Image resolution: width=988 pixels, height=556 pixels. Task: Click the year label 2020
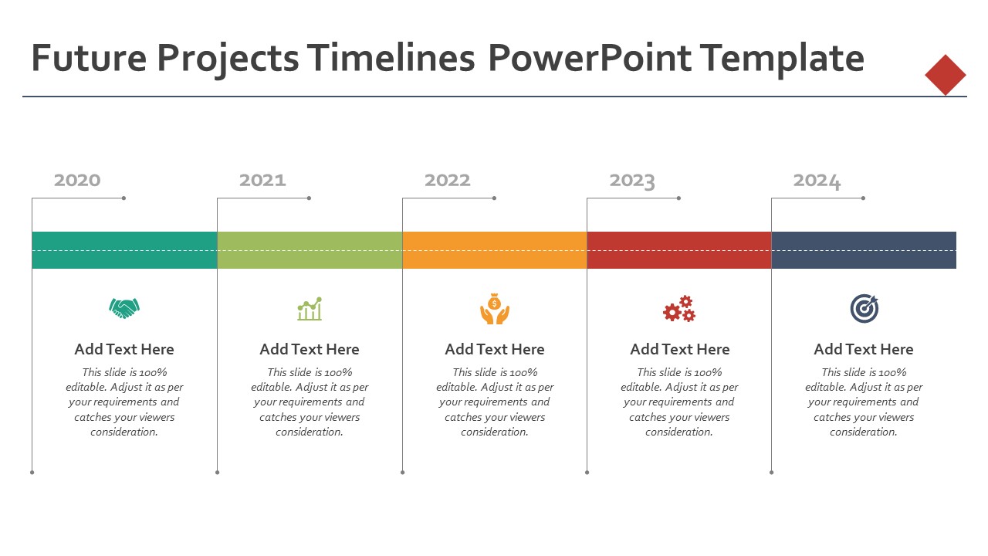[77, 180]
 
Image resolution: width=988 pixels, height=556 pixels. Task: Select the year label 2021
[262, 180]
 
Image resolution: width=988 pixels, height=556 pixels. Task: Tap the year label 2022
[447, 180]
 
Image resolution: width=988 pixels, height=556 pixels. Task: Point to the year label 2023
[632, 181]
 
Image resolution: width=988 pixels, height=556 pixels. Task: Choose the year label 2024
[817, 181]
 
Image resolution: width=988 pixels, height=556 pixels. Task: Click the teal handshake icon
[124, 308]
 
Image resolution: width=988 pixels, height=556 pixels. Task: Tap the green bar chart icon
[310, 308]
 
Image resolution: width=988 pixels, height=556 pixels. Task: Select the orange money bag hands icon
[495, 308]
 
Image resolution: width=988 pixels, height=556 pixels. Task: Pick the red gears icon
[679, 308]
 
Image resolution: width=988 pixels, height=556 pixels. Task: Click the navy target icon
[864, 308]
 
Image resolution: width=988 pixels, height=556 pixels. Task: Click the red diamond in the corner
[946, 75]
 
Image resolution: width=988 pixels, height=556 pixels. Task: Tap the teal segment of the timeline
[124, 250]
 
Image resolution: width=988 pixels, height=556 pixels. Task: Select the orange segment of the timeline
[495, 250]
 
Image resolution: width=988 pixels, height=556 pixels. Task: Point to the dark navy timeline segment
[864, 250]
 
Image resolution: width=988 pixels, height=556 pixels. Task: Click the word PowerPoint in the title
[589, 58]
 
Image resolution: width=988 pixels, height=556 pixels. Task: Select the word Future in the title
[89, 58]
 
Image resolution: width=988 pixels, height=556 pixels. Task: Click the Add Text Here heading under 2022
[495, 349]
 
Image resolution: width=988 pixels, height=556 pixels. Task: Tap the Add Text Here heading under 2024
[864, 349]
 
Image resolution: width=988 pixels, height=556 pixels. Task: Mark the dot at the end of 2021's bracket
[310, 198]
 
